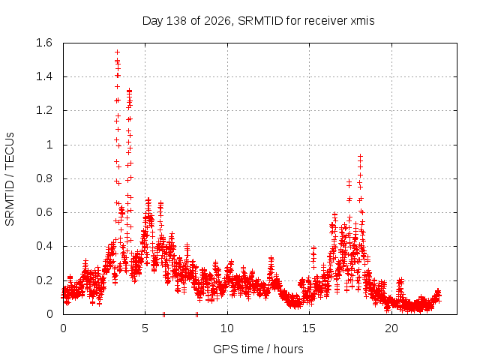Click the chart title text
[x=258, y=21]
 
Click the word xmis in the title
[x=362, y=21]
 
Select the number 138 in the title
[x=176, y=21]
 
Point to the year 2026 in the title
[x=217, y=21]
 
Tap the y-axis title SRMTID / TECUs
[x=10, y=179]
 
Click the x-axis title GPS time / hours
[x=258, y=349]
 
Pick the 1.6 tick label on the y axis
[x=44, y=43]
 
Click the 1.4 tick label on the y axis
[x=44, y=76]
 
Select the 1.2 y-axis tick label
[x=44, y=110]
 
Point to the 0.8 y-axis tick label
[x=44, y=178]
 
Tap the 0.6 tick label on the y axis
[x=44, y=212]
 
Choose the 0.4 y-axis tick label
[x=44, y=246]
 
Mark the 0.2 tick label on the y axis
[x=44, y=280]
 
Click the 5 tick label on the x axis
[x=145, y=328]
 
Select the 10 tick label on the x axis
[x=227, y=328]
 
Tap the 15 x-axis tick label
[x=309, y=328]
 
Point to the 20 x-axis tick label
[x=391, y=328]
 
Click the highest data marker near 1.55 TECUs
[x=117, y=52]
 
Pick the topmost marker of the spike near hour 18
[x=360, y=157]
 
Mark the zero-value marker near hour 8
[x=196, y=314]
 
